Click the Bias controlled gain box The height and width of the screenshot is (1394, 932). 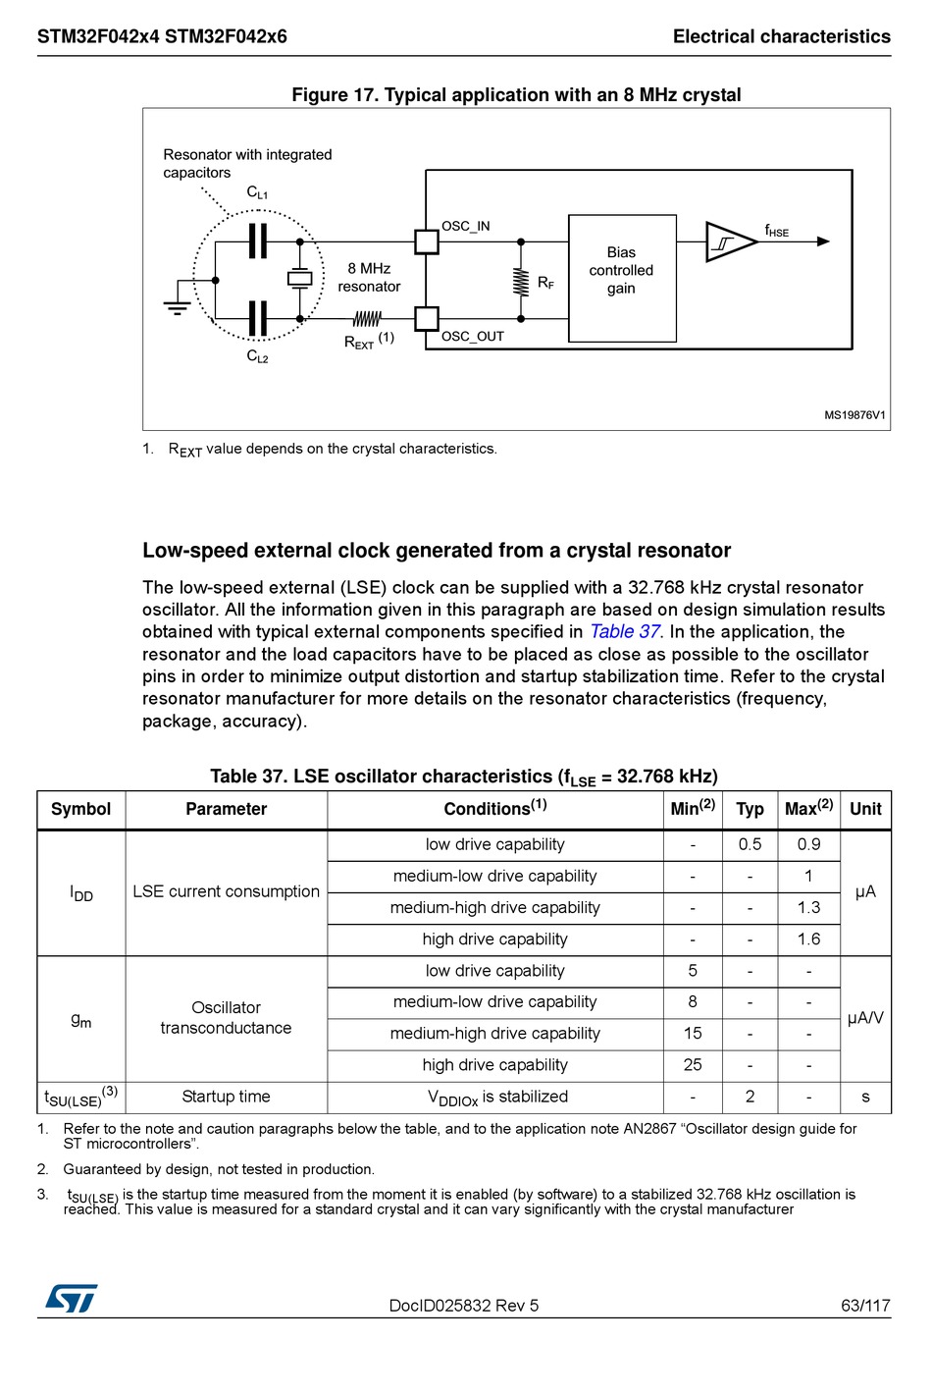click(x=622, y=278)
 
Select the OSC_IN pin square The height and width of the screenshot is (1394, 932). click(x=427, y=241)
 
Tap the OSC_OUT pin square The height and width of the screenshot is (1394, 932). click(x=427, y=319)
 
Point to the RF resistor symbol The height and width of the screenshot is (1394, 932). click(x=521, y=281)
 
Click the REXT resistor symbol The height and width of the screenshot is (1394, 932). click(x=367, y=319)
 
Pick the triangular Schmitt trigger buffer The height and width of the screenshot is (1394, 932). click(x=729, y=241)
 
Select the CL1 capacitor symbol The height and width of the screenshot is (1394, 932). click(x=258, y=241)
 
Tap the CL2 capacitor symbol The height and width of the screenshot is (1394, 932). click(x=258, y=319)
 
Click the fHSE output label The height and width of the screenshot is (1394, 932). click(x=776, y=232)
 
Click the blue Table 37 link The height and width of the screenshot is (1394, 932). click(x=625, y=632)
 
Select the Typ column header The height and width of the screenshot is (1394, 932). click(x=750, y=809)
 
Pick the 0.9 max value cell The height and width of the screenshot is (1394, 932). click(x=808, y=844)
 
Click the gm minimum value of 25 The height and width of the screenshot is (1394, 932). click(x=693, y=1065)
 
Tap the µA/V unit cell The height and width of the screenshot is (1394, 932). click(x=865, y=1018)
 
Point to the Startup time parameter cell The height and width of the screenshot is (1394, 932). click(x=226, y=1097)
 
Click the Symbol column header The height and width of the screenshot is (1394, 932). click(x=80, y=809)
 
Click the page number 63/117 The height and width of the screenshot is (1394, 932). click(x=865, y=1306)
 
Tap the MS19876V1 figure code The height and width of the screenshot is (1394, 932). click(x=854, y=415)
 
